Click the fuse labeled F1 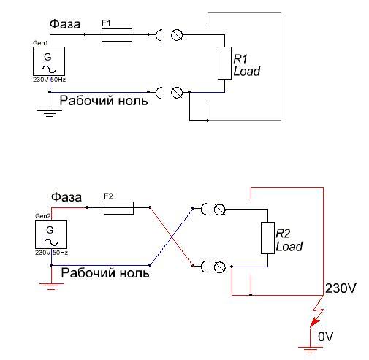117,35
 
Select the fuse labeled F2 118,208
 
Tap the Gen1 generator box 49,61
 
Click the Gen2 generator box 51,234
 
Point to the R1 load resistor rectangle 224,63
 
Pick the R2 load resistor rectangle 267,238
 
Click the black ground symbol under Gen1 50,113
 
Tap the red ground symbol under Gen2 51,286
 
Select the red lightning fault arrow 316,312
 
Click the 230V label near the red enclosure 341,288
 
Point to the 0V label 325,337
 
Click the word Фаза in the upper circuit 65,24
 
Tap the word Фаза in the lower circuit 66,197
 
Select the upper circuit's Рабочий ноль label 104,101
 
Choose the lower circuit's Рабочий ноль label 105,272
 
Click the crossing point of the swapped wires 172,237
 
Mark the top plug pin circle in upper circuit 177,35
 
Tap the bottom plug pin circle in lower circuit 220,267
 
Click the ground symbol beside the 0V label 310,350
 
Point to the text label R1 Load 246,65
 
